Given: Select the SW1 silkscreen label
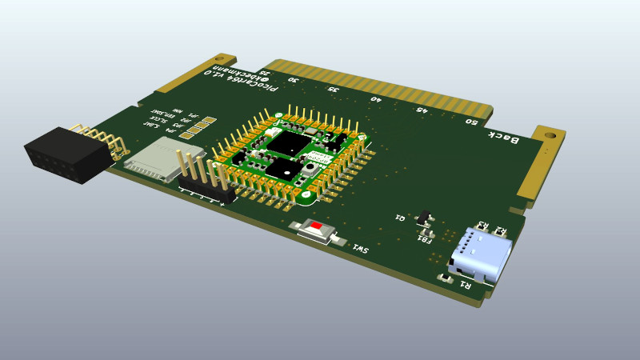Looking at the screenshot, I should tap(361, 250).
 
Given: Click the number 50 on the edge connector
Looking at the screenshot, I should tap(471, 122).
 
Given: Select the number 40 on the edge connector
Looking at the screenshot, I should tap(376, 100).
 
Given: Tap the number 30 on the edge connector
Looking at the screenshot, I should tap(294, 80).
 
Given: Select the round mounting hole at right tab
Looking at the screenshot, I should tap(551, 137).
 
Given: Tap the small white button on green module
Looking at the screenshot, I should tap(309, 170).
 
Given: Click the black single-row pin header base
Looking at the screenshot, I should tap(206, 192).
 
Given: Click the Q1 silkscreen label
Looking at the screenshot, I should tap(399, 217).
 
